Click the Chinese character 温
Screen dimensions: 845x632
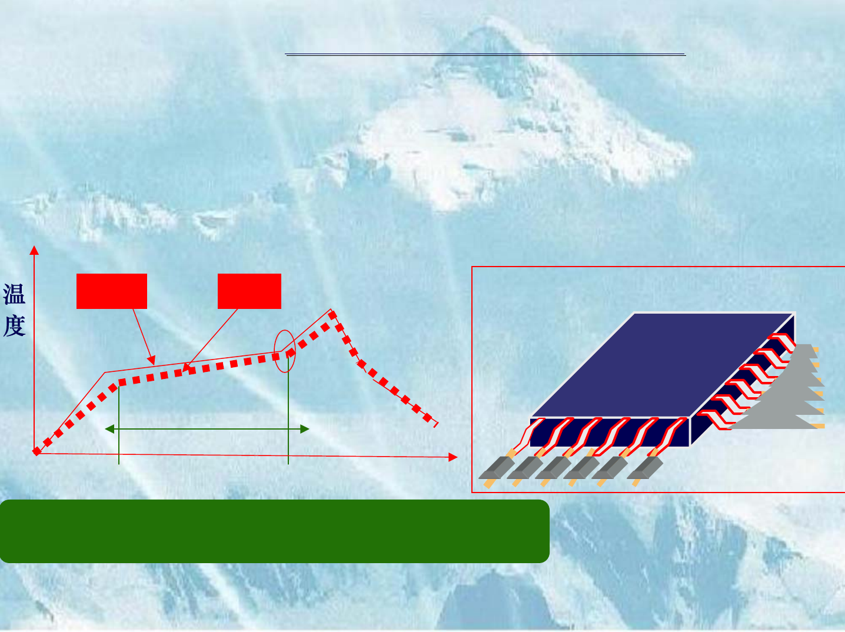[x=14, y=294]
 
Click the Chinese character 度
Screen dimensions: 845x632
[x=14, y=325]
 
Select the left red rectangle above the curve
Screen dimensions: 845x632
[x=112, y=291]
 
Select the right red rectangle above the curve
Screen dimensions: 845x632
[x=249, y=291]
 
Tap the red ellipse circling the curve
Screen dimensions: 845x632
[x=285, y=351]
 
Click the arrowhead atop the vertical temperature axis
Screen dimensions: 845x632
[x=34, y=250]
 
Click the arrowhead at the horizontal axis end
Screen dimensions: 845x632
[x=453, y=457]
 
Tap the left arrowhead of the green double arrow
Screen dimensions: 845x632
[x=109, y=429]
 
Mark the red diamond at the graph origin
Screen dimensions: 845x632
[x=36, y=451]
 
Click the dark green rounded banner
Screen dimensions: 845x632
[x=275, y=531]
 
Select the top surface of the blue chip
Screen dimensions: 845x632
[x=662, y=365]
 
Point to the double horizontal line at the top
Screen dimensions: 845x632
[x=485, y=55]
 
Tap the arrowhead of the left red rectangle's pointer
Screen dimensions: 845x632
[x=152, y=361]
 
